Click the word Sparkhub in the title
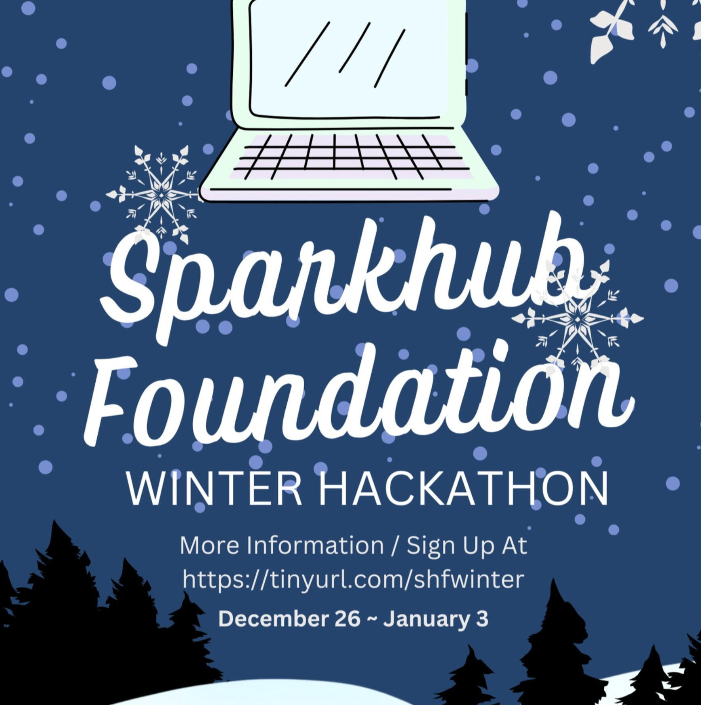click(x=343, y=279)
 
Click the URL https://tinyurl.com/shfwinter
click(x=354, y=580)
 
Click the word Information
click(x=315, y=545)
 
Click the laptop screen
click(x=349, y=61)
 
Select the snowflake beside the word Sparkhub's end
click(x=577, y=319)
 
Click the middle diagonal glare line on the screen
click(x=355, y=48)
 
